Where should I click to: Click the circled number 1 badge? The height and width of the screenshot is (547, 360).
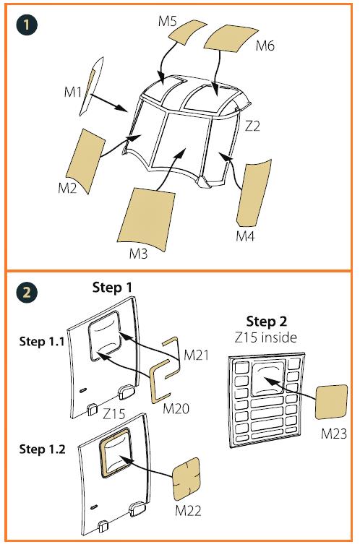(27, 25)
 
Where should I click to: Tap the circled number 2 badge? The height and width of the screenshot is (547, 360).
(27, 293)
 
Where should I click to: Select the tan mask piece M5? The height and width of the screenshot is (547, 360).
(187, 31)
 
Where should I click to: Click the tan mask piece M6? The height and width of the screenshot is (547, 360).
(231, 38)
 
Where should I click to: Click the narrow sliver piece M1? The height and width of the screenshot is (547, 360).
(91, 86)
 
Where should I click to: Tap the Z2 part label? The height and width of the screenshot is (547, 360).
(252, 126)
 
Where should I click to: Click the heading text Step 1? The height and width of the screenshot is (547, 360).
(112, 288)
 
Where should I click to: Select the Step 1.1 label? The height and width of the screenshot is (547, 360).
(42, 341)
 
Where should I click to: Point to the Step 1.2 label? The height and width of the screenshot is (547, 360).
(42, 449)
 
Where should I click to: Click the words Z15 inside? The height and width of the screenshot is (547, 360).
(266, 337)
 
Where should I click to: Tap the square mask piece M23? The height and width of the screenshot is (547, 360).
(331, 402)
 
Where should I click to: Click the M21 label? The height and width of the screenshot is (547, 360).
(196, 355)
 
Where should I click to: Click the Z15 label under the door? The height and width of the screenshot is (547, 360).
(114, 414)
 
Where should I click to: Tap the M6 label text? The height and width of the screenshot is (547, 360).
(265, 46)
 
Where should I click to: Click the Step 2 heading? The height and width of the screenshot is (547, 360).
(266, 322)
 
